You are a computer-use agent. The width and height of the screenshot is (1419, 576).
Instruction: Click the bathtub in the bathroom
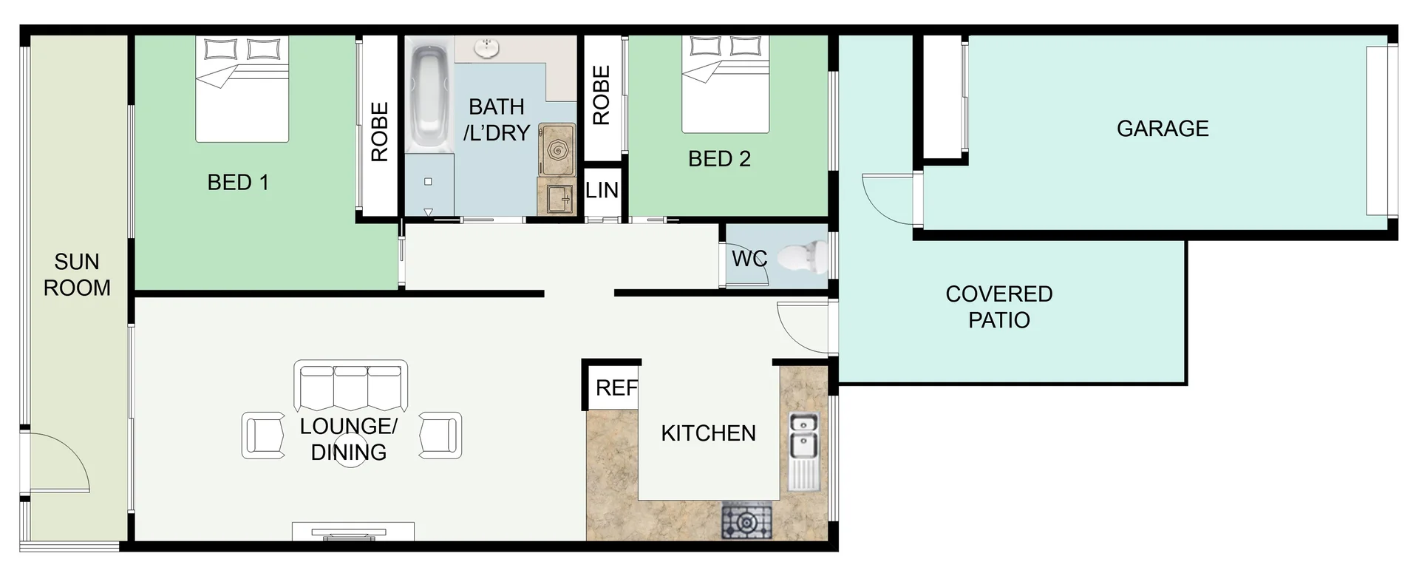click(x=428, y=96)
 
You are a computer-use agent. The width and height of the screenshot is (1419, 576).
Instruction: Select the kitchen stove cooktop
click(x=746, y=521)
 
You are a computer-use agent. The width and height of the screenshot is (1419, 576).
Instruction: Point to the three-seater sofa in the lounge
click(x=350, y=385)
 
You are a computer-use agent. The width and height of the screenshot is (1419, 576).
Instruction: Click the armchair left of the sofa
click(x=263, y=435)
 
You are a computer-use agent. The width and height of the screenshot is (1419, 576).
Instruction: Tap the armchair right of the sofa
click(x=440, y=435)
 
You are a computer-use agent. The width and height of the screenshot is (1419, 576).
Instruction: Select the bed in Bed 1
click(x=242, y=89)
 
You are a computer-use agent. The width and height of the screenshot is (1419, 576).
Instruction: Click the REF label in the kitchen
click(x=616, y=387)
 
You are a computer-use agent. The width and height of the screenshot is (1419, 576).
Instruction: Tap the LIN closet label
click(x=602, y=191)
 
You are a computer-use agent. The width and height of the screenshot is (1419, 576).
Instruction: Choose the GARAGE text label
click(x=1162, y=129)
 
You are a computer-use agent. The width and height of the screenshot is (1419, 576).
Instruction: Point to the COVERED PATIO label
click(x=998, y=307)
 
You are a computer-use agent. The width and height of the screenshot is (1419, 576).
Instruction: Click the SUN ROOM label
click(x=77, y=274)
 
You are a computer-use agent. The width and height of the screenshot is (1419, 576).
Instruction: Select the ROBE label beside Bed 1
click(x=379, y=132)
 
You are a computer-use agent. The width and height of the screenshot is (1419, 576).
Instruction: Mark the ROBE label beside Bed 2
click(x=601, y=95)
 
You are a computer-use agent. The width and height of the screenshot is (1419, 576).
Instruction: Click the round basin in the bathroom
click(x=486, y=49)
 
